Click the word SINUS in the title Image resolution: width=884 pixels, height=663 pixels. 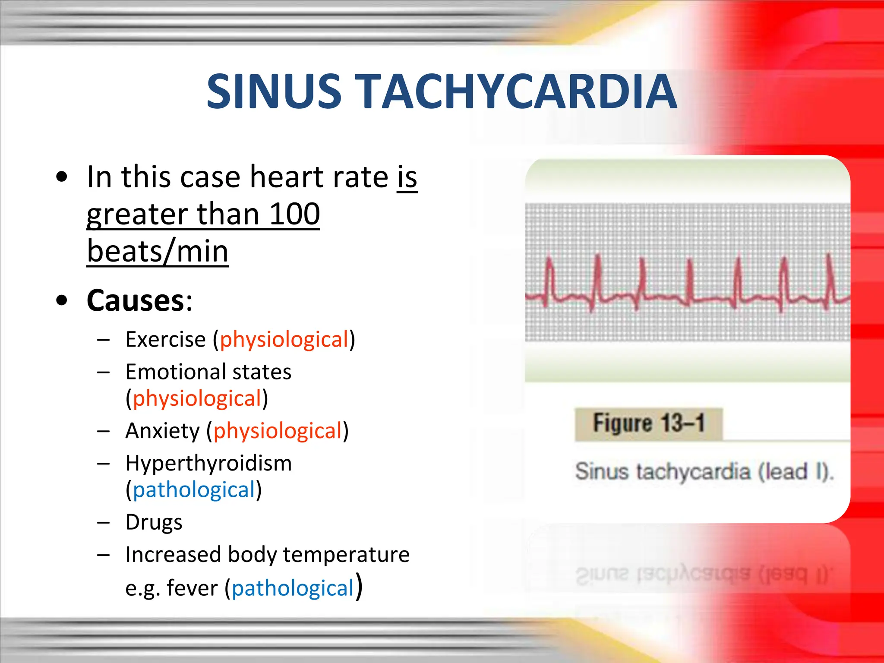pyautogui.click(x=274, y=92)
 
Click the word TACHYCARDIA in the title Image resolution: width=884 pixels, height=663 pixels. pyautogui.click(x=518, y=92)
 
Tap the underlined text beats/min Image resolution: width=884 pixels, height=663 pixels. pyautogui.click(x=158, y=251)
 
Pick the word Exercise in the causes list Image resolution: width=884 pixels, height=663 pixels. pyautogui.click(x=165, y=340)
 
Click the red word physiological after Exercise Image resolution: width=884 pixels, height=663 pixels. pyautogui.click(x=284, y=340)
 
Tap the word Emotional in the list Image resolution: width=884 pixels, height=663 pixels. pyautogui.click(x=176, y=372)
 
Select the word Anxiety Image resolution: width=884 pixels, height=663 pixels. pyautogui.click(x=163, y=431)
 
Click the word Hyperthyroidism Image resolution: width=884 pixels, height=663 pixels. pyautogui.click(x=208, y=464)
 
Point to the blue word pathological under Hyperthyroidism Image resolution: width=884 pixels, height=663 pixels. pyautogui.click(x=194, y=490)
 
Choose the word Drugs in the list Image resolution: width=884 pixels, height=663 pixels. pyautogui.click(x=154, y=523)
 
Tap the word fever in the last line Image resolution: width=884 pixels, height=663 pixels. pyautogui.click(x=192, y=588)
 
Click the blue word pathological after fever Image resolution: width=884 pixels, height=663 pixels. pyautogui.click(x=293, y=588)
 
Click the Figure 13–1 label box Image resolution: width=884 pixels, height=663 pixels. pyautogui.click(x=648, y=423)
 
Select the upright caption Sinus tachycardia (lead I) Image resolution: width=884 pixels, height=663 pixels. pyautogui.click(x=704, y=471)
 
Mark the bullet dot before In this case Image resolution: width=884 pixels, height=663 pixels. pyautogui.click(x=62, y=177)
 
